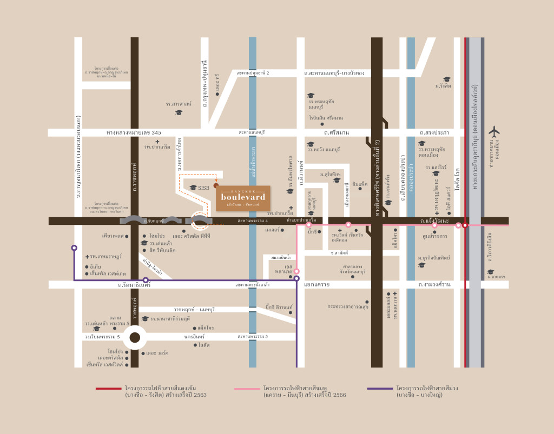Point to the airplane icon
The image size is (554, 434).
pos(494,131)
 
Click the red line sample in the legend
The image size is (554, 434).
pos(109,388)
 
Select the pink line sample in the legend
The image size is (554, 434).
pos(247,388)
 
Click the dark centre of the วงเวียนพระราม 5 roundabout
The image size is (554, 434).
pos(134,338)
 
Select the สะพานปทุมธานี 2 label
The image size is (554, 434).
pos(253,72)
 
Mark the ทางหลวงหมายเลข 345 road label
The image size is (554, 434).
pos(134,132)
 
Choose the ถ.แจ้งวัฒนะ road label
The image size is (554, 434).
pos(436,221)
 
